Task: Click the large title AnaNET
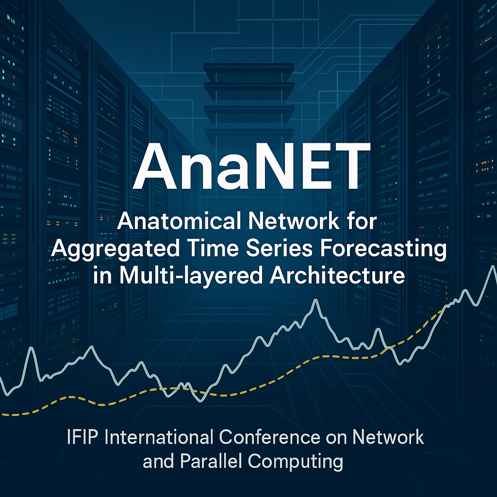click(x=251, y=166)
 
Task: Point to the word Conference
click(x=269, y=437)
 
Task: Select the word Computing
click(x=296, y=462)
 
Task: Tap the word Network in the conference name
click(x=388, y=437)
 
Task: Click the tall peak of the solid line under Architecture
click(x=315, y=300)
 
